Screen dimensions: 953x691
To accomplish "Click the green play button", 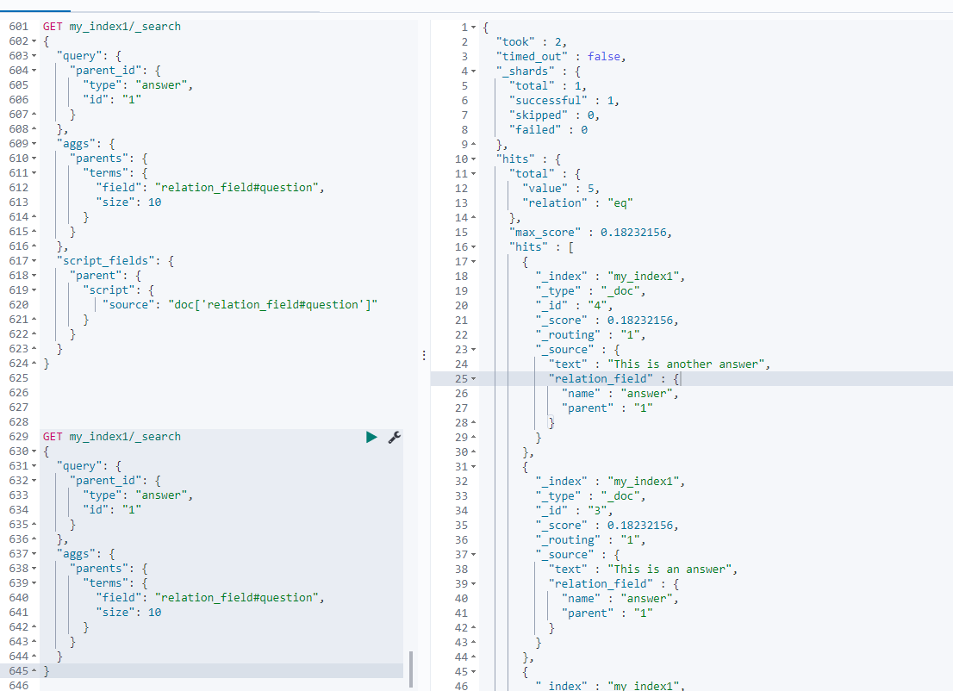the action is pyautogui.click(x=371, y=437).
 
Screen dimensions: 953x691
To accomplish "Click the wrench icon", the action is pyautogui.click(x=395, y=437).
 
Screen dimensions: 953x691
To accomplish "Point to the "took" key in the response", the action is pyautogui.click(x=515, y=41).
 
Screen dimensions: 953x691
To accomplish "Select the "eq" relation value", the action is pyautogui.click(x=617, y=203).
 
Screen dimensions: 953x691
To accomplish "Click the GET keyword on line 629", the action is pyautogui.click(x=53, y=437).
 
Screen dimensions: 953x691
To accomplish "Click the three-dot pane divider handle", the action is pyautogui.click(x=422, y=354).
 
